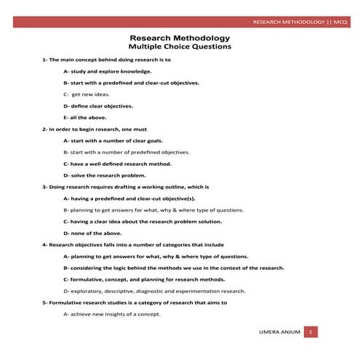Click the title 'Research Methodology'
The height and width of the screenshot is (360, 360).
coord(180,37)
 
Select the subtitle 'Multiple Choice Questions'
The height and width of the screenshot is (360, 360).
coord(180,47)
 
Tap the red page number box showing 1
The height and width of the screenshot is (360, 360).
coord(311,332)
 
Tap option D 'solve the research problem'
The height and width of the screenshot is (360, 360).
coord(105,175)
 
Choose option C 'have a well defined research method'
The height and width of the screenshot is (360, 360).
coord(121,164)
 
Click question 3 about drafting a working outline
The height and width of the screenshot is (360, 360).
coord(125,186)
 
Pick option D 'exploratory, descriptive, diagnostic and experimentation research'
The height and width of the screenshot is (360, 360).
coord(154,290)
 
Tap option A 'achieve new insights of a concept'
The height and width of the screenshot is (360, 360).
coord(112,313)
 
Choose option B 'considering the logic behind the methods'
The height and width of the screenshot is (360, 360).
coord(174,267)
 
